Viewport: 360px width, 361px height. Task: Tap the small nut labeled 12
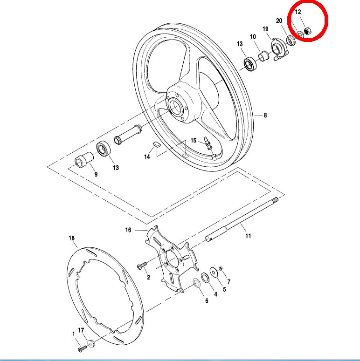(307, 32)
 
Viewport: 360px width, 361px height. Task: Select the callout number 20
(279, 21)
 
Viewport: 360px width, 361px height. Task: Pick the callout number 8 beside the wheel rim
(265, 116)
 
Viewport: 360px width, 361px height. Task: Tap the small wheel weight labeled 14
(157, 144)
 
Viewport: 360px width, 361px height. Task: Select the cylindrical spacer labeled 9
(83, 161)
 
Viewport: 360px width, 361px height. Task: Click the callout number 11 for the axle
(248, 236)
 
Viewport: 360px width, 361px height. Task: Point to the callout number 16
(129, 230)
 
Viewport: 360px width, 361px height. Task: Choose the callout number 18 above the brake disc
(71, 238)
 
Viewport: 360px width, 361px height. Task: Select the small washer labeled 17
(90, 344)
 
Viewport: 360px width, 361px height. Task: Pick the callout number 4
(215, 294)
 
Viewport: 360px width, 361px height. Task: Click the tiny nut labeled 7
(221, 267)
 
